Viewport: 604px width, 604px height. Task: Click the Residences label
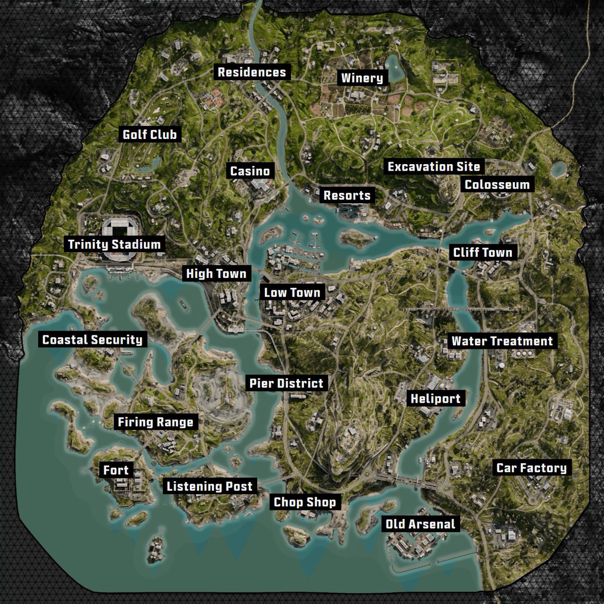pos(252,72)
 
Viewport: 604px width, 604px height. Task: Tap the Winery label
pos(362,78)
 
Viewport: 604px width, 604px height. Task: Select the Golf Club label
pos(150,135)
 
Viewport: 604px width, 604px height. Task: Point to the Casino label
pos(250,171)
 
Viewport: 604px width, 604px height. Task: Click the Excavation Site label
pos(433,167)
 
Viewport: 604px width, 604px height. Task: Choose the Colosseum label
pos(497,184)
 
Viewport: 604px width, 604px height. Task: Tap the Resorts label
pos(347,195)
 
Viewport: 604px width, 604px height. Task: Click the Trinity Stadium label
pos(114,245)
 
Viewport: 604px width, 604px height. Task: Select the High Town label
pos(216,274)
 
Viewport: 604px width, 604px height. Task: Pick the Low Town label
pos(292,292)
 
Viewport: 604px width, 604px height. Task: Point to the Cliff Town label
pos(482,253)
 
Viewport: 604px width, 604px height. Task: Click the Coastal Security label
pos(93,340)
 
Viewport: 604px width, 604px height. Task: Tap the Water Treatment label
pos(502,341)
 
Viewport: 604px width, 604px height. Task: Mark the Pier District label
pos(286,384)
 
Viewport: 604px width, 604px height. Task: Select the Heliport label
pos(435,399)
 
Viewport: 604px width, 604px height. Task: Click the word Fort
pos(116,471)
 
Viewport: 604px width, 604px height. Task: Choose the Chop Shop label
pos(305,502)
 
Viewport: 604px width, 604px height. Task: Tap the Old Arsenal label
pos(420,524)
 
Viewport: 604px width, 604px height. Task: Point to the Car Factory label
pos(532,468)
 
